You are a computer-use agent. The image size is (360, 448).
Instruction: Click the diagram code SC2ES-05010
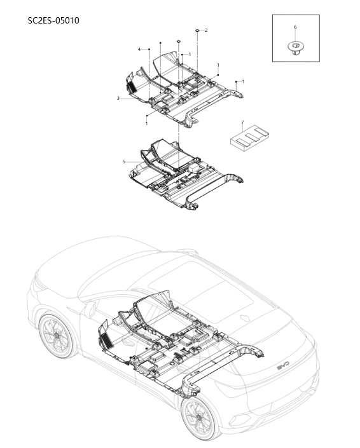point(53,20)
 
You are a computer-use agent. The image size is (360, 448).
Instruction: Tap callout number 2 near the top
point(206,30)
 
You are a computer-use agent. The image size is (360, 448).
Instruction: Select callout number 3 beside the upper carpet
point(118,98)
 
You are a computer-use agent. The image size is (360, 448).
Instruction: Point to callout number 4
point(139,50)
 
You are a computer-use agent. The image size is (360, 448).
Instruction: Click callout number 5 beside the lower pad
point(124,161)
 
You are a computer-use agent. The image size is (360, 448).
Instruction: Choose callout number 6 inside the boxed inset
point(295,27)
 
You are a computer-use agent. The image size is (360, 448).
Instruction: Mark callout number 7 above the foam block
point(243,123)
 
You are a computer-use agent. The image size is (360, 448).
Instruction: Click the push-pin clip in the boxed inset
point(295,48)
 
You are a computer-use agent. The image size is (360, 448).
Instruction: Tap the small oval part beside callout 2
point(198,30)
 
